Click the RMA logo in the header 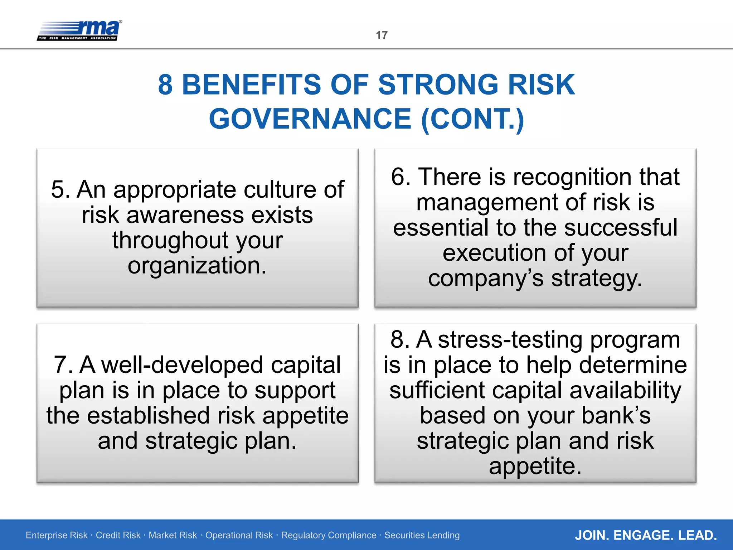pyautogui.click(x=79, y=30)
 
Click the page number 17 pyautogui.click(x=382, y=35)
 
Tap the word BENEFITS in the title pyautogui.click(x=251, y=85)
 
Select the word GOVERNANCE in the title pyautogui.click(x=310, y=119)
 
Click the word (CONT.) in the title pyautogui.click(x=472, y=119)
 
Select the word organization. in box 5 pyautogui.click(x=197, y=266)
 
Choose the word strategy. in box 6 pyautogui.click(x=597, y=279)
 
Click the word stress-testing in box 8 pyautogui.click(x=510, y=339)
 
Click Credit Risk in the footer pyautogui.click(x=118, y=535)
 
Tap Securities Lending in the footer pyautogui.click(x=422, y=535)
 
